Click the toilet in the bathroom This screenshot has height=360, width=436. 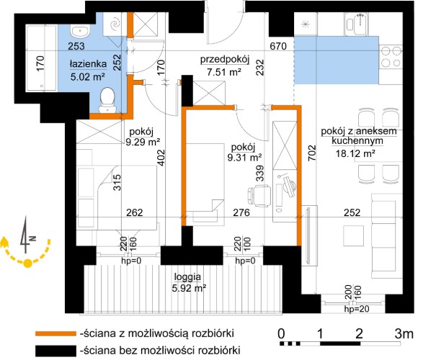coord(108,99)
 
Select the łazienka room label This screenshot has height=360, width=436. coord(89,63)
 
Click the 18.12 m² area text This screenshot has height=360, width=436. coord(358,153)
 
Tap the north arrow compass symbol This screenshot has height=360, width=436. coord(27,245)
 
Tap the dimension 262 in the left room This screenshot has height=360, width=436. coord(135,212)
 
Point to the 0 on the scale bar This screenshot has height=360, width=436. coord(280,333)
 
